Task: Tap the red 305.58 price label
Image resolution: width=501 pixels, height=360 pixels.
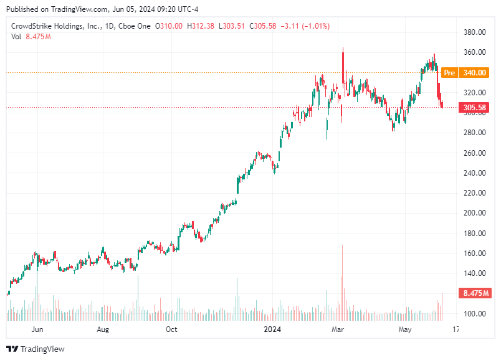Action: pyautogui.click(x=475, y=107)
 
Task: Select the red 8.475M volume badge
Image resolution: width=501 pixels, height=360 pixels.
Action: pyautogui.click(x=475, y=293)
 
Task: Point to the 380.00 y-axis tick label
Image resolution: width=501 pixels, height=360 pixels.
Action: pyautogui.click(x=474, y=32)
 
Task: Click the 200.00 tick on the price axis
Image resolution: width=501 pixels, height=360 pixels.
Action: pyautogui.click(x=474, y=213)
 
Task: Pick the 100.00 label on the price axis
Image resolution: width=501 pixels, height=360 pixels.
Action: pyautogui.click(x=474, y=313)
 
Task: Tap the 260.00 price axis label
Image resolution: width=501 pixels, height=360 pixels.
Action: pyautogui.click(x=474, y=153)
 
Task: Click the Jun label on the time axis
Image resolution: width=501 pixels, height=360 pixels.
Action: pyautogui.click(x=37, y=329)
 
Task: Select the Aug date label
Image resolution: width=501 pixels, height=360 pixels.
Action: pyautogui.click(x=103, y=329)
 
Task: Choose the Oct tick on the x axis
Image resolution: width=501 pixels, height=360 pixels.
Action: pyautogui.click(x=171, y=329)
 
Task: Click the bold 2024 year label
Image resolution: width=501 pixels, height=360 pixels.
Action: pyautogui.click(x=273, y=329)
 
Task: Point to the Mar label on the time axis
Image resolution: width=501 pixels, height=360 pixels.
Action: pyautogui.click(x=338, y=329)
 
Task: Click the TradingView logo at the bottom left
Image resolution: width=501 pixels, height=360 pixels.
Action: pyautogui.click(x=36, y=349)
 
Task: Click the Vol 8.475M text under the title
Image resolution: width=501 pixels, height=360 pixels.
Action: pyautogui.click(x=31, y=37)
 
